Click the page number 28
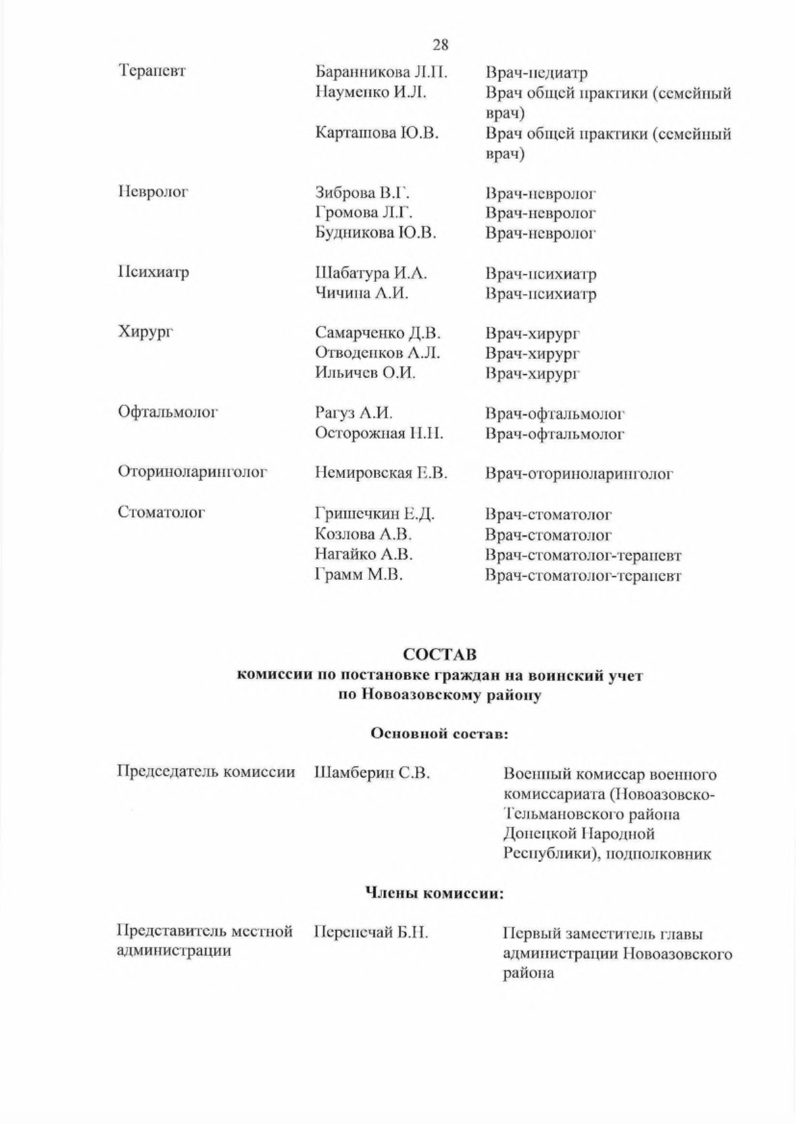click(440, 45)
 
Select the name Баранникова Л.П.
click(381, 72)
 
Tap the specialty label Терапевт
click(152, 70)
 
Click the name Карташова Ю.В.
click(376, 133)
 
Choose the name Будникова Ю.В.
click(376, 233)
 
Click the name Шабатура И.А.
click(371, 273)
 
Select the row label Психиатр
click(154, 272)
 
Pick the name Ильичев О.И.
click(365, 373)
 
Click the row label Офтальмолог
click(168, 411)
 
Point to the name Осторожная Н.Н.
click(379, 433)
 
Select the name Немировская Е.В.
click(381, 474)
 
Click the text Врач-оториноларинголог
click(579, 474)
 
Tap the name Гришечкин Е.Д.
click(375, 514)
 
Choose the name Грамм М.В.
click(358, 575)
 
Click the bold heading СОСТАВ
click(440, 654)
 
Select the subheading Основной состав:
click(440, 734)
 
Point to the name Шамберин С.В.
click(372, 773)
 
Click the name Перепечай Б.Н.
click(370, 932)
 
